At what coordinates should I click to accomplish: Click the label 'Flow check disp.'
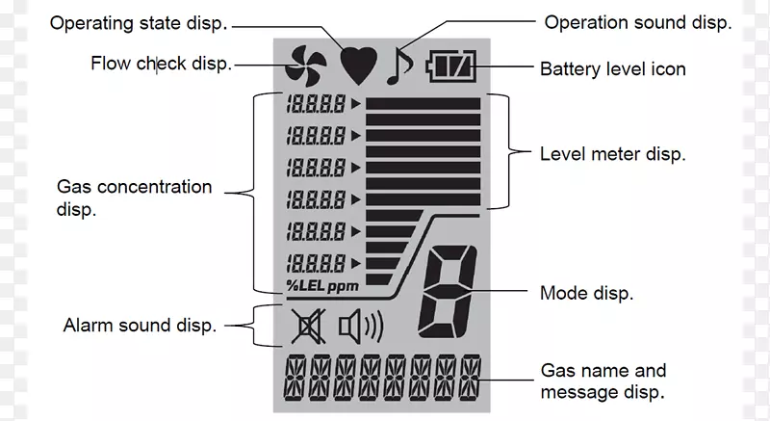pyautogui.click(x=161, y=64)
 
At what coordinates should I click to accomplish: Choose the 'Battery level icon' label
pyautogui.click(x=612, y=68)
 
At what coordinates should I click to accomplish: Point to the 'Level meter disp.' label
pyautogui.click(x=612, y=153)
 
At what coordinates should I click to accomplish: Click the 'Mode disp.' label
pyautogui.click(x=586, y=293)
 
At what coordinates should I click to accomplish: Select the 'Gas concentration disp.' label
pyautogui.click(x=134, y=197)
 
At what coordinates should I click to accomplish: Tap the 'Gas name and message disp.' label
pyautogui.click(x=603, y=381)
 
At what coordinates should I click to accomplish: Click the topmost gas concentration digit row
pyautogui.click(x=317, y=102)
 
